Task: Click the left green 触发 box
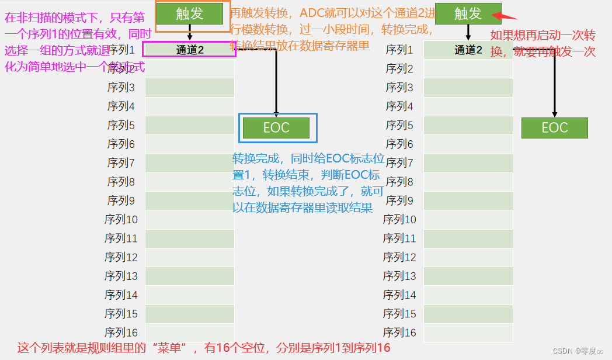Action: tap(190, 13)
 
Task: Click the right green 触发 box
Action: tap(468, 13)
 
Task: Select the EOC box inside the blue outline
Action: tap(276, 128)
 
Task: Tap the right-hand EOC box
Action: tap(554, 128)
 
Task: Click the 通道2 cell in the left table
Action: tap(190, 50)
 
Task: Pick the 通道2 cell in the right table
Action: tap(468, 50)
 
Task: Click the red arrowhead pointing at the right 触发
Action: tap(509, 16)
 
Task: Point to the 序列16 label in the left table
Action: tap(121, 333)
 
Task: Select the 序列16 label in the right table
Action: tap(400, 333)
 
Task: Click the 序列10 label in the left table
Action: tap(121, 220)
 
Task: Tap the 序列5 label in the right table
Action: tap(400, 126)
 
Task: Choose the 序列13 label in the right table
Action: tap(400, 276)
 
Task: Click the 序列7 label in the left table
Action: tap(121, 163)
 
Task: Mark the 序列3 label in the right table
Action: tap(400, 88)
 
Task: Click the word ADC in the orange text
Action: tap(313, 13)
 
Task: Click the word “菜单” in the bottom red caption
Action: tap(176, 348)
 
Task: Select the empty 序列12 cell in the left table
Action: tap(190, 257)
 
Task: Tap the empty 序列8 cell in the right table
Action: tap(468, 182)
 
